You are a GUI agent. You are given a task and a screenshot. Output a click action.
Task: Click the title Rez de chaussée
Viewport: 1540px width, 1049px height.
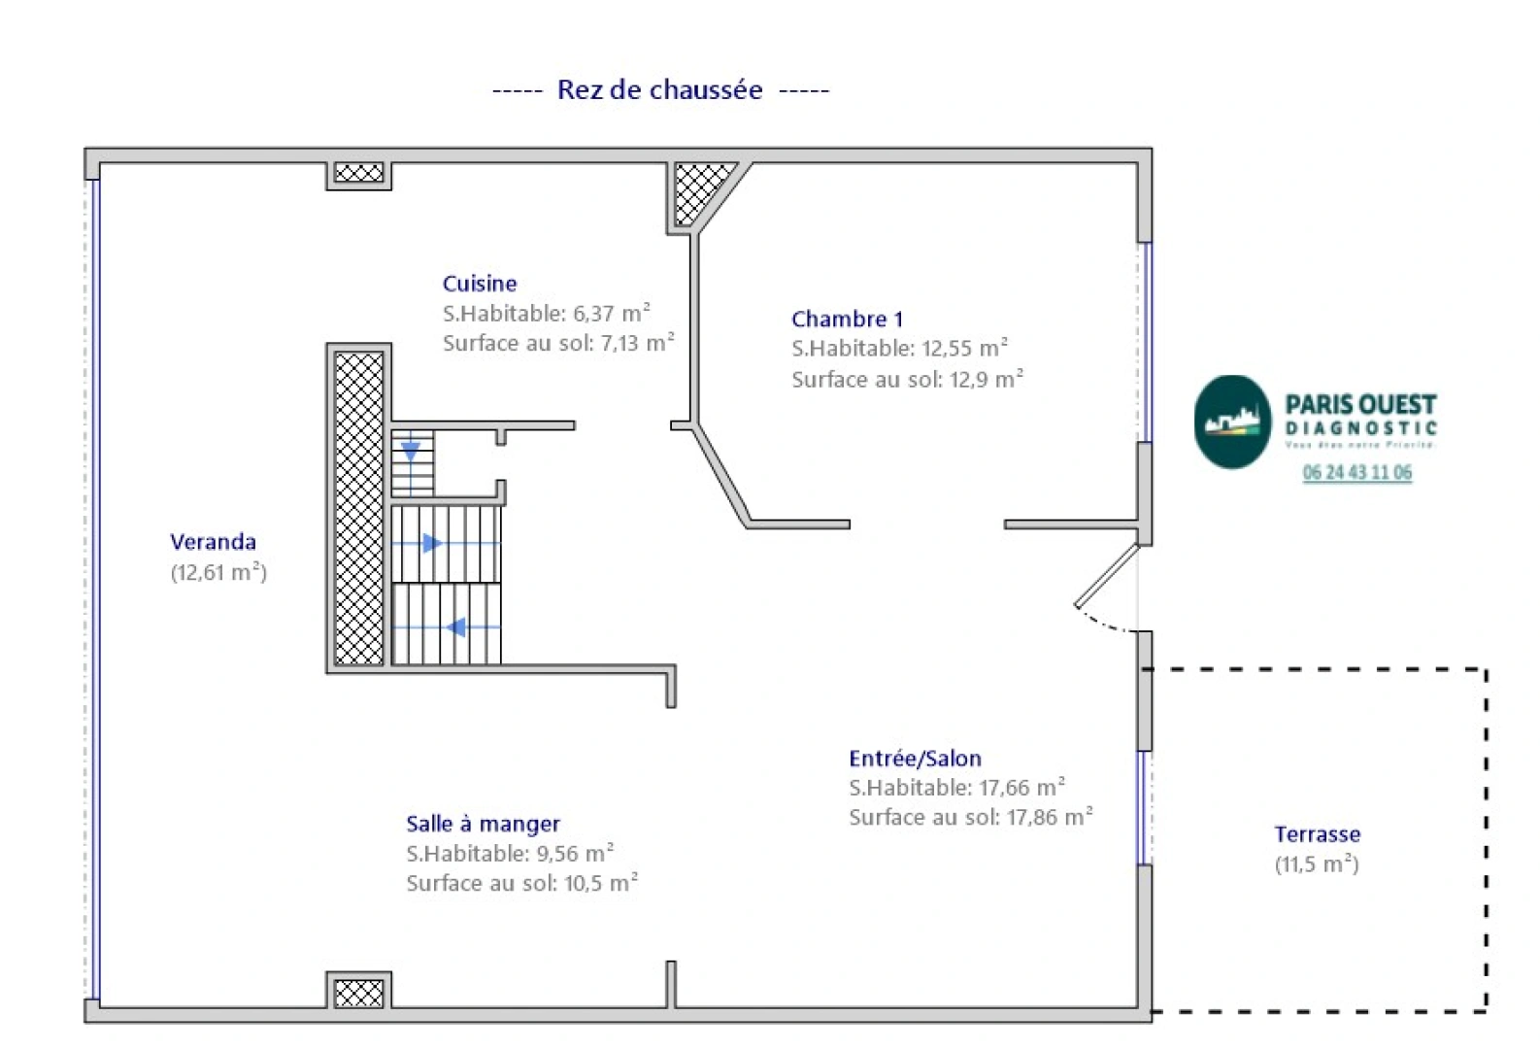pos(659,90)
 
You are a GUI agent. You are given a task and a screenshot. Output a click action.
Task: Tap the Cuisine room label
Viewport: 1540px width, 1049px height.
pos(480,284)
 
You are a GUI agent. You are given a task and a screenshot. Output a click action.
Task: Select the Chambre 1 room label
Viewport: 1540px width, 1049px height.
pos(847,319)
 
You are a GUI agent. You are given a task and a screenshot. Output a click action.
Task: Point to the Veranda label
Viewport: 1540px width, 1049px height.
pos(213,542)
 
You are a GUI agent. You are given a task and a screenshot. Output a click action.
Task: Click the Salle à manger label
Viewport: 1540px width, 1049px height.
pos(483,824)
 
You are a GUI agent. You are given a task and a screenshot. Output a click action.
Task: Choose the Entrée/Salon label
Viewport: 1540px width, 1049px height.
pos(915,759)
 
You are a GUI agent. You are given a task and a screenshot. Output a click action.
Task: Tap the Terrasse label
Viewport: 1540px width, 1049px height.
pos(1317,834)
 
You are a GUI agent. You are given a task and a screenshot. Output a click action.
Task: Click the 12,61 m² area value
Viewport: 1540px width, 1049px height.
pos(218,572)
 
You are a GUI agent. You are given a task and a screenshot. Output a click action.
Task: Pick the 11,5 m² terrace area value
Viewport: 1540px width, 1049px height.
pos(1317,864)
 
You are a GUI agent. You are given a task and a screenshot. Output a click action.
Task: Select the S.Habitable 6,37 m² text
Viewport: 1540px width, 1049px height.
pos(546,314)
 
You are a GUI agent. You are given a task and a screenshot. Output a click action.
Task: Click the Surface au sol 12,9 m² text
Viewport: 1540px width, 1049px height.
pos(907,380)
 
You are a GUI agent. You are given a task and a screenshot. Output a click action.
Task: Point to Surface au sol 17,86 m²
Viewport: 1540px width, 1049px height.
pos(970,818)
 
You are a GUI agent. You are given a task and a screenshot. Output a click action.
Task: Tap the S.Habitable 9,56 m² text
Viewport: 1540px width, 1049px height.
pos(510,854)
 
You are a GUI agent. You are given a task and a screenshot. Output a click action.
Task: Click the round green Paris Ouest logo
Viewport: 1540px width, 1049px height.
pos(1231,423)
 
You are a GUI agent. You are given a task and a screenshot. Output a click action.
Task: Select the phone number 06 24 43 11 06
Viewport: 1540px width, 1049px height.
pos(1356,473)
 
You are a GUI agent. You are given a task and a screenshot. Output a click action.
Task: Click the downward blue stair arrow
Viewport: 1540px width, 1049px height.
pos(411,451)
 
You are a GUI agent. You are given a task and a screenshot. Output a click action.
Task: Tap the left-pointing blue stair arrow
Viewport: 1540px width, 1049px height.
pos(455,627)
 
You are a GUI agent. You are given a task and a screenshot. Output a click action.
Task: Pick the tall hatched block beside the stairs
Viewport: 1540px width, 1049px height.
pos(358,508)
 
